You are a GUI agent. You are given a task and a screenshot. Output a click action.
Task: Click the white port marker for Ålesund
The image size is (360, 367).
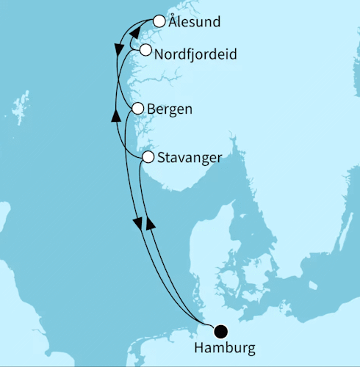159,22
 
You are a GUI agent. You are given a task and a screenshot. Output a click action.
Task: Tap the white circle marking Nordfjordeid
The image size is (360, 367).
145,51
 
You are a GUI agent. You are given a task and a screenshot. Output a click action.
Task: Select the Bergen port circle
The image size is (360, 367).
137,109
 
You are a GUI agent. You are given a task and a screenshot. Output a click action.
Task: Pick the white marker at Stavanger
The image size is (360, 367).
148,157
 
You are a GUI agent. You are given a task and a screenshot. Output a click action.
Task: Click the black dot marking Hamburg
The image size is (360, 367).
220,331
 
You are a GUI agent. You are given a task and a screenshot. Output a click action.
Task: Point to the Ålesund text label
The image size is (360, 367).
194,22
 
